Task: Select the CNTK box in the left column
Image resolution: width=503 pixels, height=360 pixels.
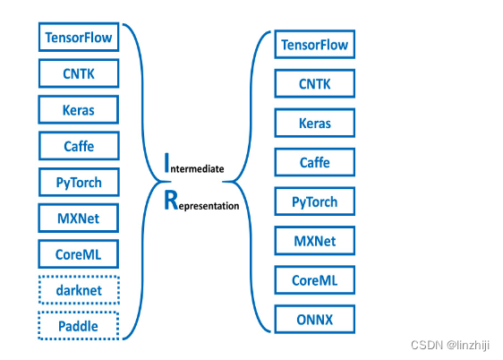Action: [79, 73]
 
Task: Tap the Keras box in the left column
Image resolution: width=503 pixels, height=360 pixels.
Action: [79, 110]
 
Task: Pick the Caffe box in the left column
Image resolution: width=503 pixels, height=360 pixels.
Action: [79, 146]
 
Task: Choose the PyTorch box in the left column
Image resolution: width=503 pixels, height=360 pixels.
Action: [79, 183]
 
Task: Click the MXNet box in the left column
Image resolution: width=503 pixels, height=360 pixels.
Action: [79, 219]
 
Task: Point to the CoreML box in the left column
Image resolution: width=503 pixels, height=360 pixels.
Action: [79, 254]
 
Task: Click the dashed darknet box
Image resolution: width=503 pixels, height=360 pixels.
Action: [79, 290]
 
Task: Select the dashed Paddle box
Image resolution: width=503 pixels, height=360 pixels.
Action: [79, 326]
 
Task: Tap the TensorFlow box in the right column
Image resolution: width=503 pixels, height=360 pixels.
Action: [314, 45]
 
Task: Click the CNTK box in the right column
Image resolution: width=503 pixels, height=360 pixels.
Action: [314, 84]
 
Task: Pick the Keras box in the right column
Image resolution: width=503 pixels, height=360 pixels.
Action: [314, 124]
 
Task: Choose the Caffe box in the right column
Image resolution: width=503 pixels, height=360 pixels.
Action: [314, 163]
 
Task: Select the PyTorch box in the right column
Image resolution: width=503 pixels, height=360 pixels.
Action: [314, 201]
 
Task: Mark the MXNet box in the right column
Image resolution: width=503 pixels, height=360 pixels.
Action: [314, 241]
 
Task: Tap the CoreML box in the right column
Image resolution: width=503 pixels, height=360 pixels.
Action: [314, 279]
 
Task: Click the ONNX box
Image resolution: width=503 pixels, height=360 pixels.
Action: [314, 319]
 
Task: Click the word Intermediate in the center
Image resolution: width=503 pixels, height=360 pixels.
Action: [194, 166]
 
